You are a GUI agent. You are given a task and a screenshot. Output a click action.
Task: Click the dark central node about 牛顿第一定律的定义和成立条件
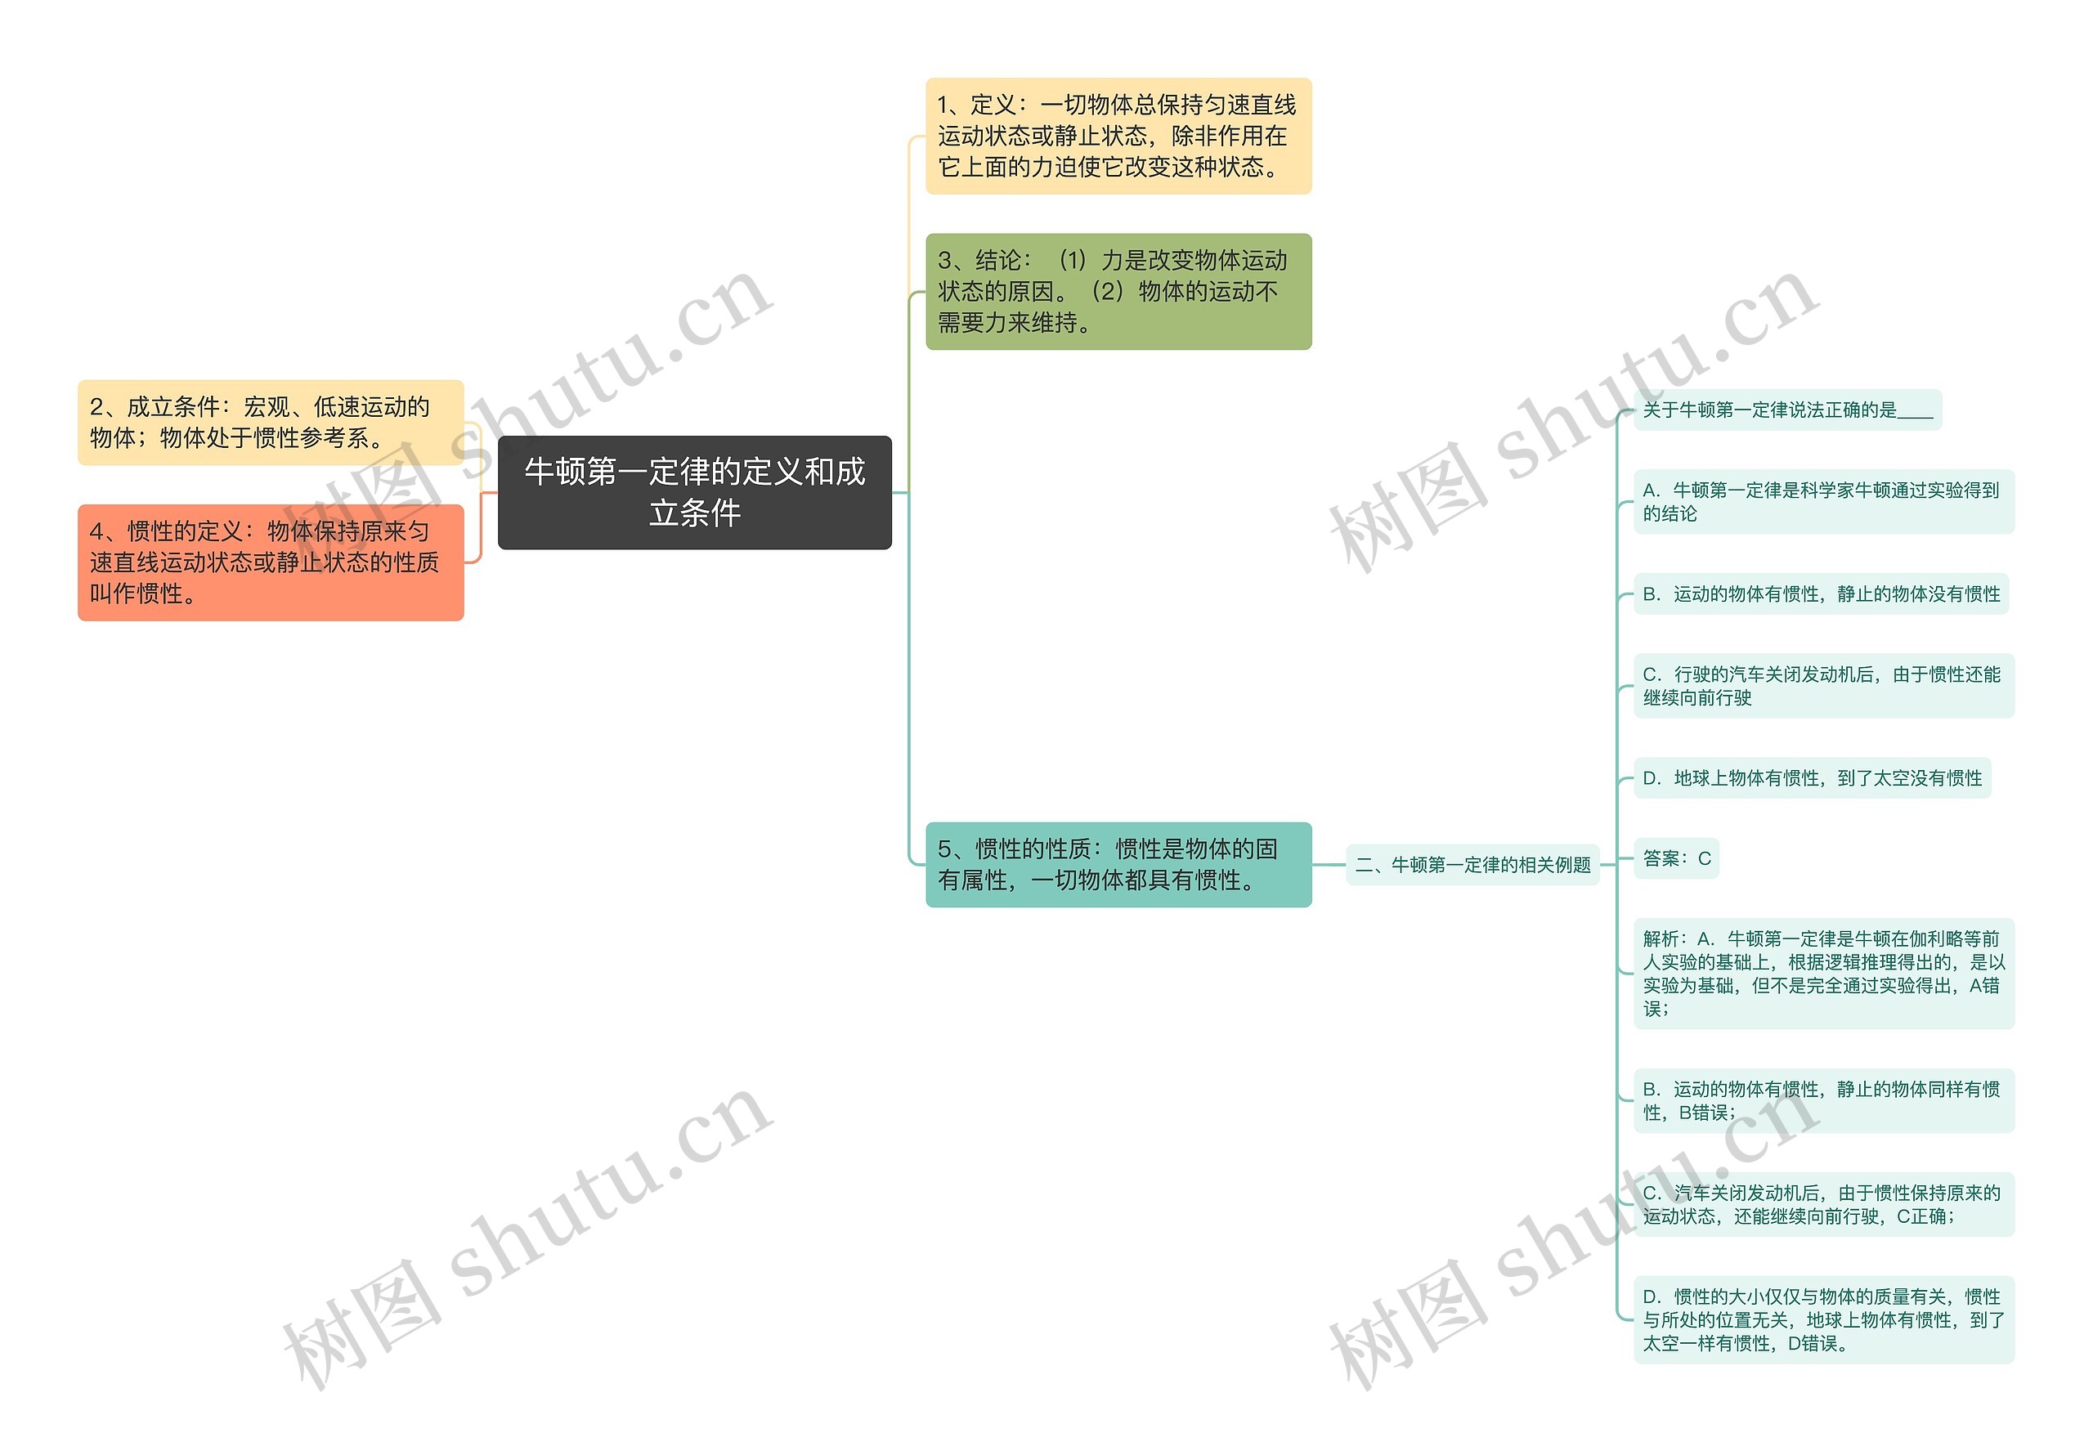click(694, 492)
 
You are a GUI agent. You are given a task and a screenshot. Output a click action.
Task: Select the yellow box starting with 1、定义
click(1118, 136)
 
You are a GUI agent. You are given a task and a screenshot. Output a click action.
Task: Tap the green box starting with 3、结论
click(1118, 291)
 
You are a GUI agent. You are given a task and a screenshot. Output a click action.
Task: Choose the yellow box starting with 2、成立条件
click(271, 422)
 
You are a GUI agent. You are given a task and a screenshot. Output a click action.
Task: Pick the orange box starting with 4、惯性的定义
click(271, 562)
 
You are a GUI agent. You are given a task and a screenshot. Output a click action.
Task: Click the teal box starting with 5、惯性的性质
click(1118, 864)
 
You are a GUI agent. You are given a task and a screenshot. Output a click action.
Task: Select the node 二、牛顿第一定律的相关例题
click(1472, 865)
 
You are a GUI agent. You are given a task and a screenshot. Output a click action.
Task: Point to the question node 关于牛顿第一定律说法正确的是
click(1786, 410)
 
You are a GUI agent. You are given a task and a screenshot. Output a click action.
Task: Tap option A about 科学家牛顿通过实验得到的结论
click(1822, 501)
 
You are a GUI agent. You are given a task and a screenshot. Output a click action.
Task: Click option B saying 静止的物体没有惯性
click(1820, 593)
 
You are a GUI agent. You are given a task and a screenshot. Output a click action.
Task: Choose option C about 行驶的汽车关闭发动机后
click(1822, 686)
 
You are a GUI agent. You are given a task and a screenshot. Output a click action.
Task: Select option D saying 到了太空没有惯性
click(1811, 778)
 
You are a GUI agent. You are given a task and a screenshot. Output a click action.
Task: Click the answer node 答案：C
click(1675, 858)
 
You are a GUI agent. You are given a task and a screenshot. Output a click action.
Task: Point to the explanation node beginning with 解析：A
click(1822, 973)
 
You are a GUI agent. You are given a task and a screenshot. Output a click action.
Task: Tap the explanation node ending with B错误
click(1822, 1100)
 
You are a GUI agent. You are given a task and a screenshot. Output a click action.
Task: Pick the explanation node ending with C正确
click(1822, 1204)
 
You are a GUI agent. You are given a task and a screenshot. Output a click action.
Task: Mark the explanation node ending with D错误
click(1822, 1319)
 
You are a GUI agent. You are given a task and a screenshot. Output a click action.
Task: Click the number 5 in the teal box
click(944, 849)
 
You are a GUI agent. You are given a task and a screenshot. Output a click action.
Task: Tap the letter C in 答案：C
click(1705, 858)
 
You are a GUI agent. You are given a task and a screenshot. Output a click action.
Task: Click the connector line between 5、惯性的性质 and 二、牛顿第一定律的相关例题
click(1329, 865)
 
